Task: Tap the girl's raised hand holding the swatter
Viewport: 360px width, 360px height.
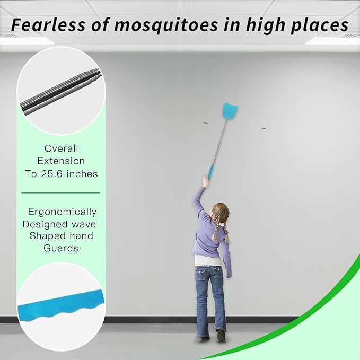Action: tap(205, 182)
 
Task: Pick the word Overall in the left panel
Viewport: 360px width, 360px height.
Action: tap(62, 148)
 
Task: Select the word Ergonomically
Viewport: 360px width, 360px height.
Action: tap(62, 212)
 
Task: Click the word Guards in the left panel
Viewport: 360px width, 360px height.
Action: tap(61, 248)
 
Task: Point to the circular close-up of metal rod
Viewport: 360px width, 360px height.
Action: tap(62, 90)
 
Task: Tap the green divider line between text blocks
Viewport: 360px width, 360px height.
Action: tap(60, 192)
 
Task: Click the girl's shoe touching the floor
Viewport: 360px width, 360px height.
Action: tap(221, 335)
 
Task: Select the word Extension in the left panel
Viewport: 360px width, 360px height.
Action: tap(62, 161)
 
